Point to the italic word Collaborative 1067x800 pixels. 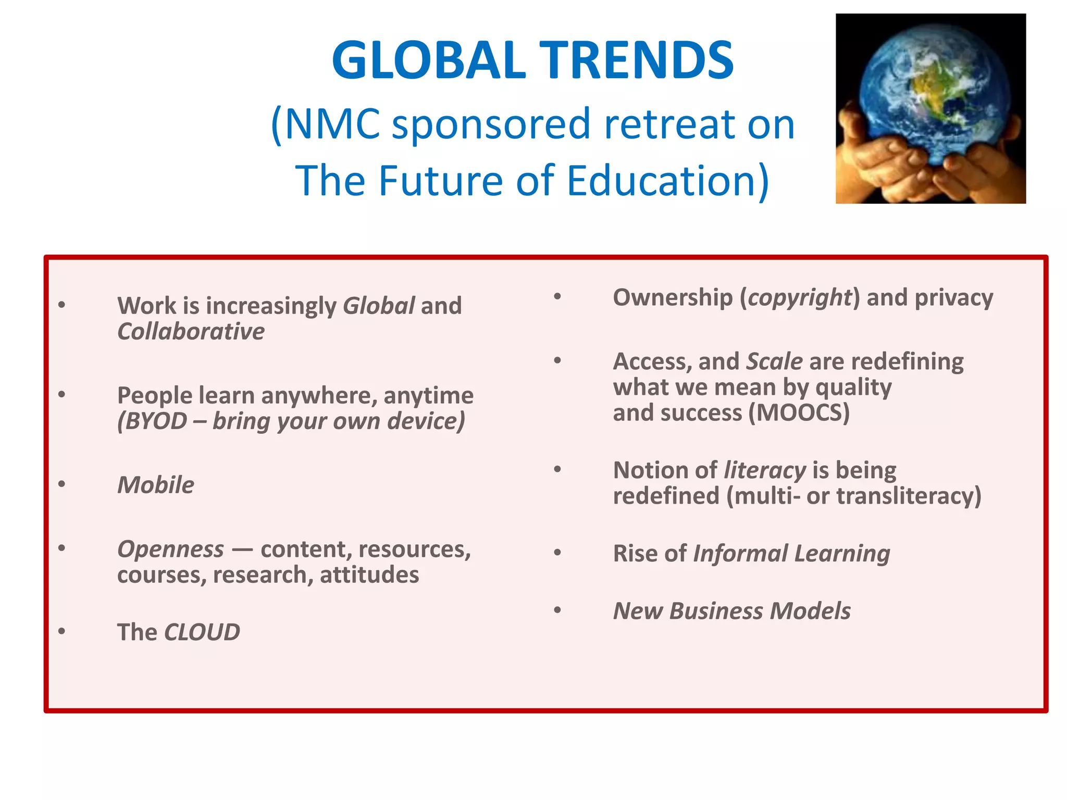point(191,332)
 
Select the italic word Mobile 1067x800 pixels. point(156,485)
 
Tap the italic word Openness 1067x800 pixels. point(171,549)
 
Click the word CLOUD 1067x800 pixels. point(202,632)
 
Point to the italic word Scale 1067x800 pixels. point(774,361)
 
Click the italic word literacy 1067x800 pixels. point(765,470)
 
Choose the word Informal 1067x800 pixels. point(740,553)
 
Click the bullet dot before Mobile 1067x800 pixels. point(62,484)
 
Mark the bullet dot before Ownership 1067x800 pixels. point(557,297)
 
